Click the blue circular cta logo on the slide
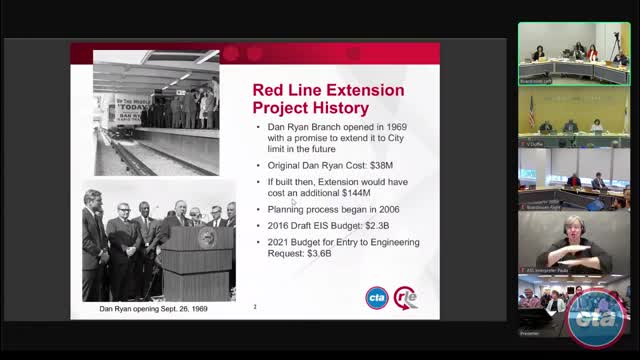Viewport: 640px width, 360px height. [376, 297]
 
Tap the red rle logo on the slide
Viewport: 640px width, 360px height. [406, 297]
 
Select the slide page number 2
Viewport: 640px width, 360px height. [255, 307]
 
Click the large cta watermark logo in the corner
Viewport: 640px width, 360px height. [595, 319]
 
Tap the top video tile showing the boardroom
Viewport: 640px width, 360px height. [573, 54]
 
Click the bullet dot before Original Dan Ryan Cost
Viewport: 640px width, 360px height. [259, 164]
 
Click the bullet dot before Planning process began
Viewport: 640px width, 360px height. [259, 210]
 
